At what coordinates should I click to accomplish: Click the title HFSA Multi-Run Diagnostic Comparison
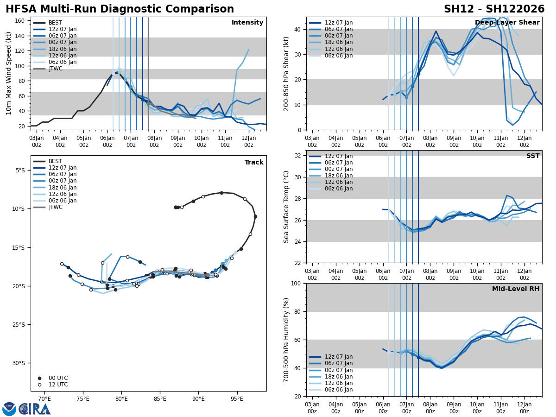point(120,9)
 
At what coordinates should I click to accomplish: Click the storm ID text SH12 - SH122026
point(494,9)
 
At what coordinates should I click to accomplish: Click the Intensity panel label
point(247,23)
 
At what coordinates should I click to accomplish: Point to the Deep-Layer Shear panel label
point(507,23)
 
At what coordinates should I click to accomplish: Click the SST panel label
point(533,156)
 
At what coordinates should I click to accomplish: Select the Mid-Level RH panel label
point(516,289)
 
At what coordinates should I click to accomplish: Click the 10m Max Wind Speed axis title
point(9,73)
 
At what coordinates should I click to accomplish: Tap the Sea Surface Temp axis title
point(286,207)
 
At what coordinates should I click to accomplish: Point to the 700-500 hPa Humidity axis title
point(286,340)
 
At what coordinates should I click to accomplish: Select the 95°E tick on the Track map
point(237,398)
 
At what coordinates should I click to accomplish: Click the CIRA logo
point(34,409)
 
